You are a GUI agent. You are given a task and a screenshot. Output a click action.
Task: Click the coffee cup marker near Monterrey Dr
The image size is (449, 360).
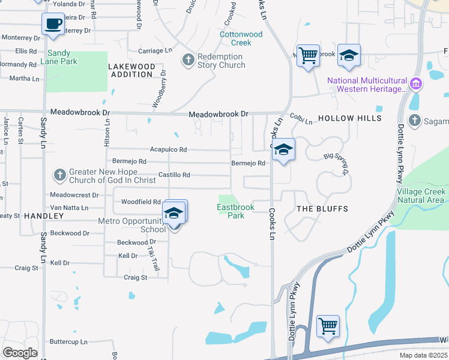(53, 24)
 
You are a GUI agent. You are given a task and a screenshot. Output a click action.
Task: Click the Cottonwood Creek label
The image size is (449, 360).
(241, 38)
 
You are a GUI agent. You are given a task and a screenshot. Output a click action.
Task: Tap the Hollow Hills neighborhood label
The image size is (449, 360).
(349, 118)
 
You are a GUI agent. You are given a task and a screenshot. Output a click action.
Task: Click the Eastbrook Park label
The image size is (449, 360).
(236, 211)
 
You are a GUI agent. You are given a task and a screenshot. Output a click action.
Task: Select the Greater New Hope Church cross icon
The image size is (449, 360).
(59, 175)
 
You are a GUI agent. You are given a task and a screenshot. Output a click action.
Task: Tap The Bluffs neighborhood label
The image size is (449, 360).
(323, 208)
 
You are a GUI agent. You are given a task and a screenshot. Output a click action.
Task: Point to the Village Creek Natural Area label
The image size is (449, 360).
(421, 196)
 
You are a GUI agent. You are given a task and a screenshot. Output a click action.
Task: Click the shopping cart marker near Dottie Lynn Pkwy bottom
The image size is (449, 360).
(328, 326)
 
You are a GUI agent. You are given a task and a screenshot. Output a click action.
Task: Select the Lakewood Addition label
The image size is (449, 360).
(131, 70)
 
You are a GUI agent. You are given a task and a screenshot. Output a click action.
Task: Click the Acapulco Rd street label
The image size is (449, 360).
(168, 149)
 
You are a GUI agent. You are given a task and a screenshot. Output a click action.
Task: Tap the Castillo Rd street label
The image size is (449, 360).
(174, 175)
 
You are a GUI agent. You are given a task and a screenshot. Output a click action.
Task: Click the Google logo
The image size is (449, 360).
(20, 353)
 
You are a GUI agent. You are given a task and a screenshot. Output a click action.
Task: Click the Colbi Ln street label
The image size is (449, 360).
(301, 119)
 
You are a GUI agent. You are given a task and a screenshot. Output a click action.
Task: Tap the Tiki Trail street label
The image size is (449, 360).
(154, 259)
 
